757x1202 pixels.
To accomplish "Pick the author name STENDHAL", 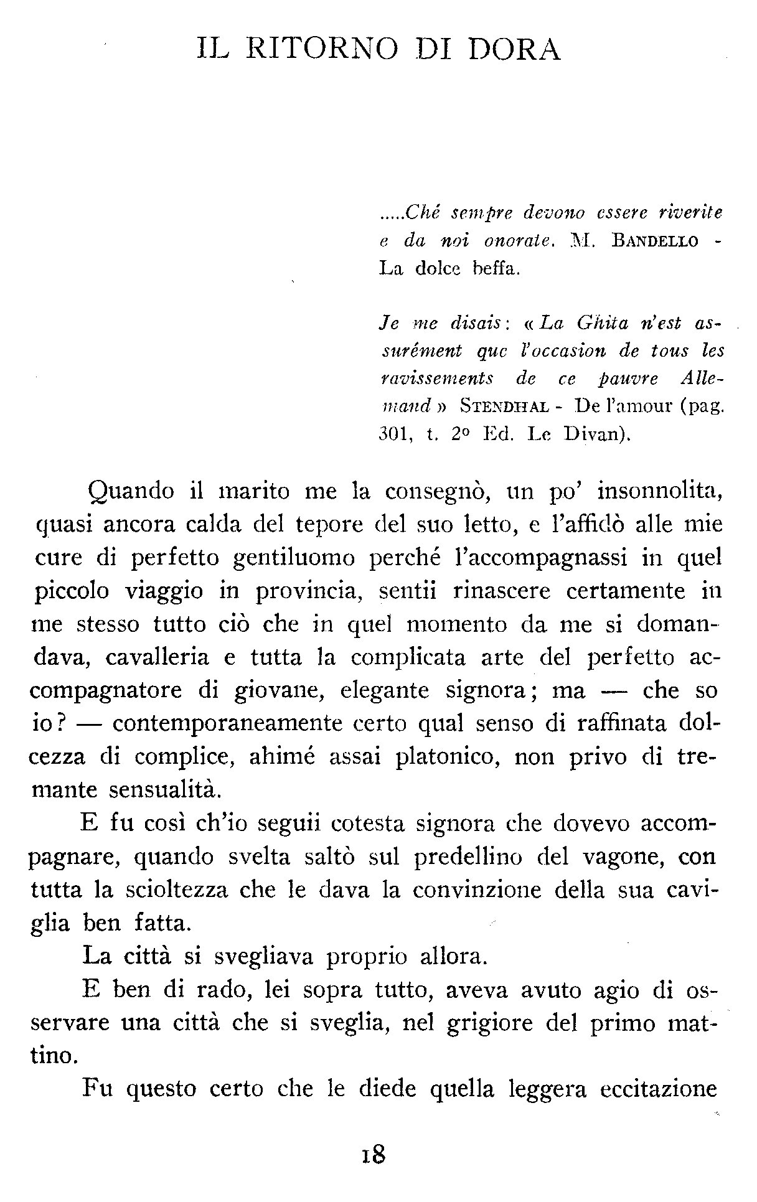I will pyautogui.click(x=504, y=406).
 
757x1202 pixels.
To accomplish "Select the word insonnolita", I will pyautogui.click(x=659, y=491).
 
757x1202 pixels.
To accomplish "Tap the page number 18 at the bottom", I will pyautogui.click(x=374, y=1155).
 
